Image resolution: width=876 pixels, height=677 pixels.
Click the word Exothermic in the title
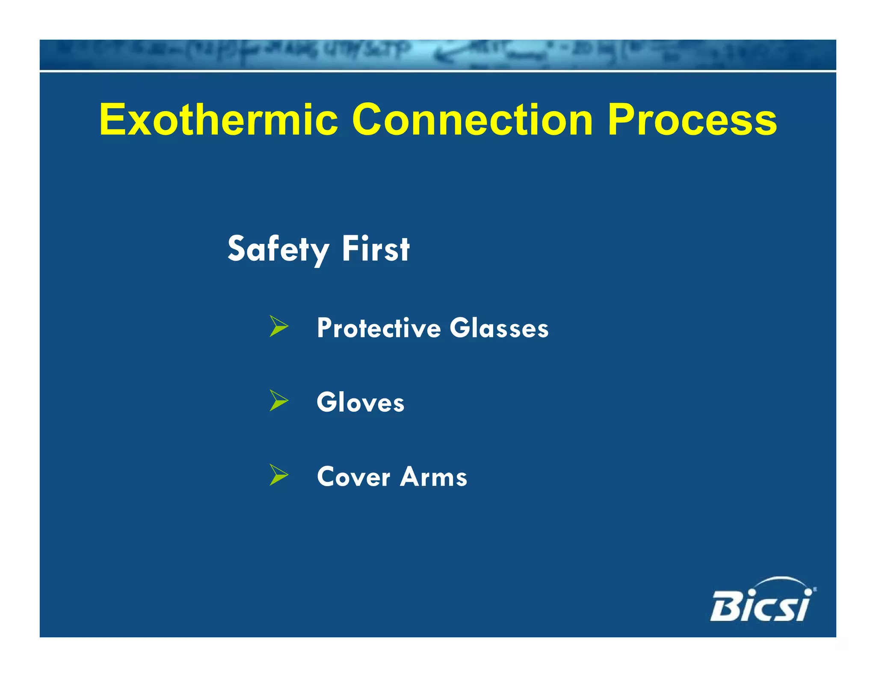pos(219,120)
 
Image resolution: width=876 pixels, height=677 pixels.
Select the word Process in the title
pos(692,121)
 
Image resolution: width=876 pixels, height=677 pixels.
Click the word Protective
pos(379,328)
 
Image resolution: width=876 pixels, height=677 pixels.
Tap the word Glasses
pos(499,328)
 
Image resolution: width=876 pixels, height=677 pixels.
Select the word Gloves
pos(360,402)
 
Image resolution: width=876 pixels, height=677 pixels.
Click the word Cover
pos(353,477)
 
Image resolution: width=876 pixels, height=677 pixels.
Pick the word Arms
pos(433,477)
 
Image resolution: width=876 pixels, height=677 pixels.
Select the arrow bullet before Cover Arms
pos(279,475)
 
